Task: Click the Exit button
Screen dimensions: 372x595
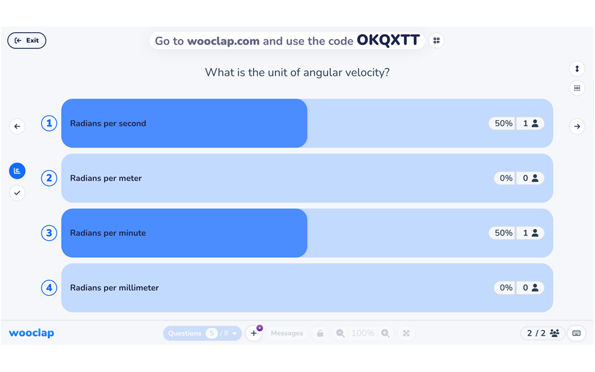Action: [x=26, y=40]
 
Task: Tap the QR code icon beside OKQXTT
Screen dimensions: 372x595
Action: [x=436, y=40]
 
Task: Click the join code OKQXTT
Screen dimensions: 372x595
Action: [x=388, y=40]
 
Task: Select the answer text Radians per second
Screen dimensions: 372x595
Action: [x=108, y=123]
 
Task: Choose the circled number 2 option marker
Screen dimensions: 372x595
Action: [x=49, y=178]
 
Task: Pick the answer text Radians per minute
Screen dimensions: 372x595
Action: [x=108, y=233]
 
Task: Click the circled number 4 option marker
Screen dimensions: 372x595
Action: [x=49, y=288]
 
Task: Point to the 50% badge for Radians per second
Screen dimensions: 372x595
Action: [x=503, y=123]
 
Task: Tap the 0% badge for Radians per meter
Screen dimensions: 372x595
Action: [x=506, y=178]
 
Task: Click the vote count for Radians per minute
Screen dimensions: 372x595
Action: [x=530, y=233]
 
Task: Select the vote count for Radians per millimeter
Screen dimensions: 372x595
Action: [x=530, y=288]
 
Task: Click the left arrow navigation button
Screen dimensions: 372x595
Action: [x=17, y=126]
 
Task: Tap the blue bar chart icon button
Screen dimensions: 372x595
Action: [x=17, y=171]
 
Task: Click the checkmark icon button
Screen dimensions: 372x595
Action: [x=17, y=193]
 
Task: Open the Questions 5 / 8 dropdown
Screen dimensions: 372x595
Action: [x=202, y=333]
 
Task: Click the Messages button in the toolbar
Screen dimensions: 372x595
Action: [x=287, y=333]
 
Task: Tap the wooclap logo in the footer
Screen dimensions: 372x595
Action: [x=32, y=333]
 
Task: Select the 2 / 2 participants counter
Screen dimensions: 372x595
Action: [x=542, y=333]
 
